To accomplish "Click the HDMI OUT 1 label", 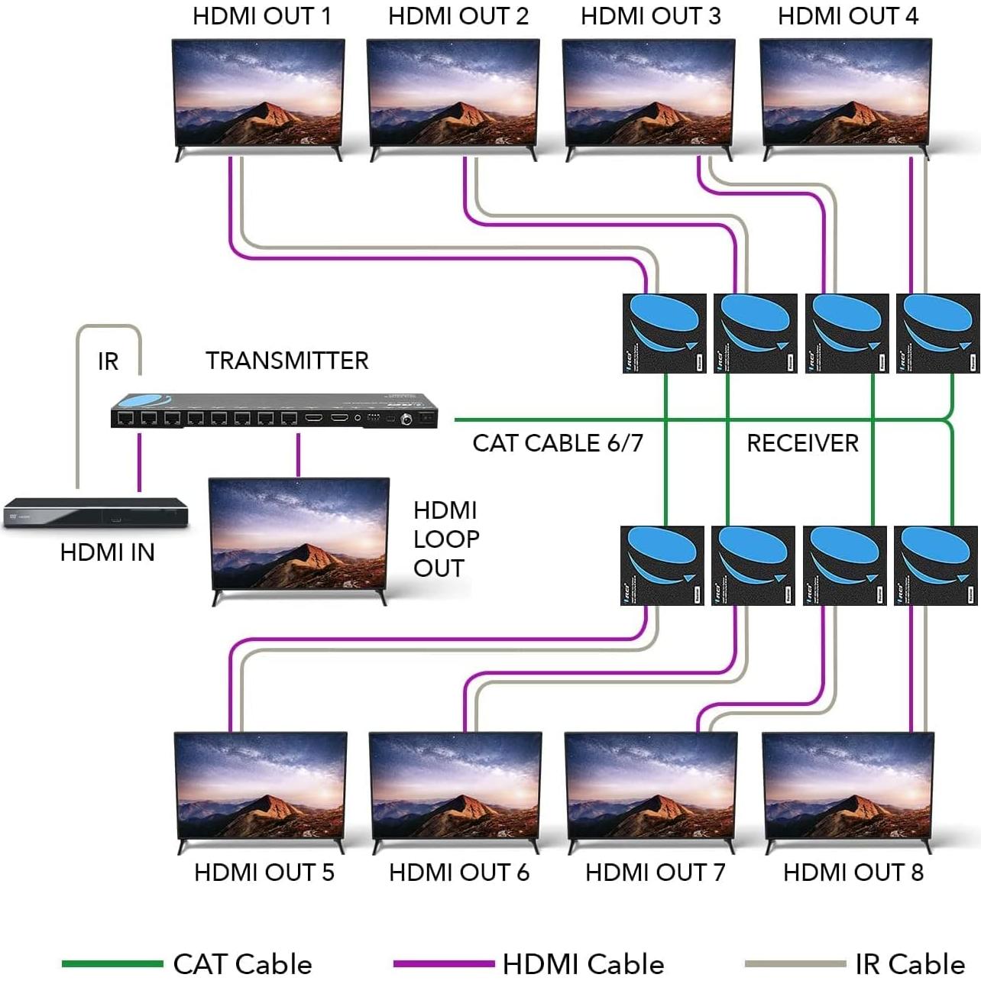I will coord(261,16).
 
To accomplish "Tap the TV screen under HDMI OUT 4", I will coord(846,92).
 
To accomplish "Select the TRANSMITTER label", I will coord(287,361).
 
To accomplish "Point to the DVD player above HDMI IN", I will coord(96,513).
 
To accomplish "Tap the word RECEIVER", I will coord(802,443).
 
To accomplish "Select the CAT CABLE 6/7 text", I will coord(558,443).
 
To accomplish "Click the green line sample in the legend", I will coord(112,964).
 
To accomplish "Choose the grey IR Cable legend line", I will coord(795,964).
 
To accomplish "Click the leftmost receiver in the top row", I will coord(664,333).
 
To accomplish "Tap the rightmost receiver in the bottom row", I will coord(935,565).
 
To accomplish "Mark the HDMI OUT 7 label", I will coord(655,873).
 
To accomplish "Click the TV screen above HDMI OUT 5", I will coord(261,787).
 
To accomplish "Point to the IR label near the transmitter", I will coord(108,361).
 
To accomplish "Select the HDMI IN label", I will coord(107,552).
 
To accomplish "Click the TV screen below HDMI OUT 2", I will coord(453,92).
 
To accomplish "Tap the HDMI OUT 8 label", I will coord(853,873).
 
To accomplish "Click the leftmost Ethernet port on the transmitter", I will coord(126,418).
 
